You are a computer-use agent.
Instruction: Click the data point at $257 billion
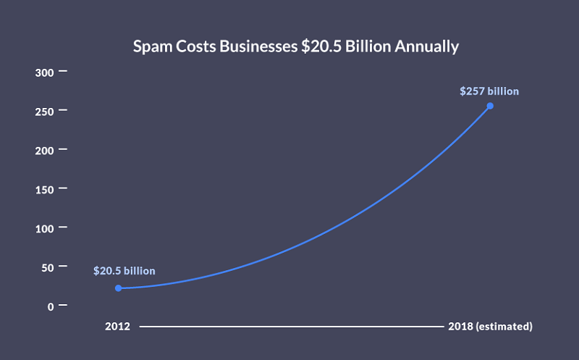[490, 106]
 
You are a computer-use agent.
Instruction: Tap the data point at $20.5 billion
[118, 288]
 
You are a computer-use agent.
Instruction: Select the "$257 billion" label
[490, 91]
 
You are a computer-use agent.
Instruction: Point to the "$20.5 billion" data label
[124, 271]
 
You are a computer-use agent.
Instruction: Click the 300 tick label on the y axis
[44, 72]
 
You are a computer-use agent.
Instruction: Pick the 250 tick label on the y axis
[44, 111]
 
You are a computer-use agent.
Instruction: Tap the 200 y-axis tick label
[44, 150]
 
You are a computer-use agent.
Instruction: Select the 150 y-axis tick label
[44, 189]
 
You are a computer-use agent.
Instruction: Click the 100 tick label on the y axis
[44, 228]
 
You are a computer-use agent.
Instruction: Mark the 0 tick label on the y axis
[51, 306]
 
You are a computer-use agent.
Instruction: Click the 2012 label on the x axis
[117, 327]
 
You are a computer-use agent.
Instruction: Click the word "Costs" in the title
[195, 46]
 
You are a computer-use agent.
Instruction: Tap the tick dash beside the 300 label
[62, 71]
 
